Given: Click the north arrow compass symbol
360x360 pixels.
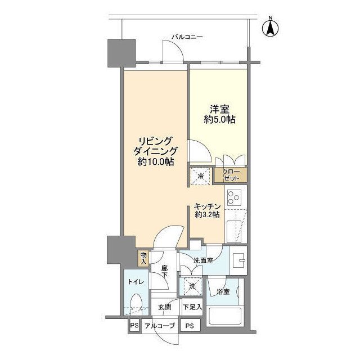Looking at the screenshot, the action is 271,27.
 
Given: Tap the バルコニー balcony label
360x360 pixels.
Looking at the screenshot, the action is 187,37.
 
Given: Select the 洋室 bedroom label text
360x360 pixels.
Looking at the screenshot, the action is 220,109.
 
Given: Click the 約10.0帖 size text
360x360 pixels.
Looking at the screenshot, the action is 156,162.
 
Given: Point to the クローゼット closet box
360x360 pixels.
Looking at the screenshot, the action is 231,175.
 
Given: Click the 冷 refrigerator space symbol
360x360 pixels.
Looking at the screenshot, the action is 200,176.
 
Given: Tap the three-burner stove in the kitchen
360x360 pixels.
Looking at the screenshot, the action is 234,197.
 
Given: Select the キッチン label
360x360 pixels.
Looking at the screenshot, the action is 207,206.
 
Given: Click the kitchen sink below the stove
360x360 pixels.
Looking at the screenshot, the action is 234,231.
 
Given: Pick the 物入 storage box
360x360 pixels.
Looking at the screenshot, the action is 143,258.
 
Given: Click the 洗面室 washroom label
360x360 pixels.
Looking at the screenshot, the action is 204,260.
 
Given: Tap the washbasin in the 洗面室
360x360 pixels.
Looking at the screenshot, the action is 239,260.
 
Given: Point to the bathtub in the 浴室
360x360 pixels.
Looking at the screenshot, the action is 225,316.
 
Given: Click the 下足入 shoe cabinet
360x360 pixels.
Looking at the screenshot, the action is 192,307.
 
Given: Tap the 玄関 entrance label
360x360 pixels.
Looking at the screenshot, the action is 164,307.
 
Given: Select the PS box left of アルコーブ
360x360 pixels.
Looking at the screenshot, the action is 134,325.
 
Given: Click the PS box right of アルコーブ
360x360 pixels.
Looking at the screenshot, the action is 190,325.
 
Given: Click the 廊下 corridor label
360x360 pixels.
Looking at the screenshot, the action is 164,271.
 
